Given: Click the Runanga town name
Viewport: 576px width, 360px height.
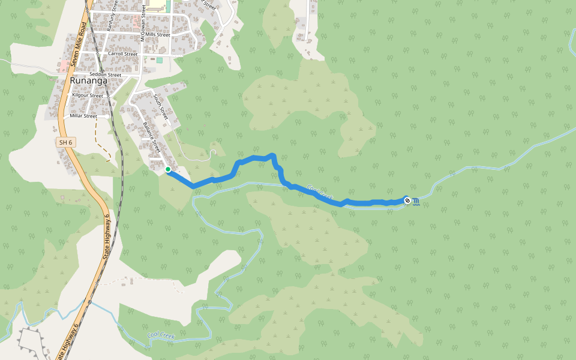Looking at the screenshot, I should pyautogui.click(x=88, y=80).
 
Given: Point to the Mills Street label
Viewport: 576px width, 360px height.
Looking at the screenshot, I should pyautogui.click(x=157, y=35).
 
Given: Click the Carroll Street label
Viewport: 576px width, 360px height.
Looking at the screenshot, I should pyautogui.click(x=123, y=54).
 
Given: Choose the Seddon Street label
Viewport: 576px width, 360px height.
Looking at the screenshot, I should pyautogui.click(x=105, y=74).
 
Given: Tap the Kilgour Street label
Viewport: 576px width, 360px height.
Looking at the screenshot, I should pyautogui.click(x=88, y=95).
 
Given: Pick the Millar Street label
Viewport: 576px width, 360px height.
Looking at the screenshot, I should pyautogui.click(x=83, y=116).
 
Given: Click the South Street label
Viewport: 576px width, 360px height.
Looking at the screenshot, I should pyautogui.click(x=161, y=106).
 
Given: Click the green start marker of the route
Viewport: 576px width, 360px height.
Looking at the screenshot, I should pyautogui.click(x=168, y=170).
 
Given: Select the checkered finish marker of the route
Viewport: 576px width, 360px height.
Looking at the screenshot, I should pyautogui.click(x=407, y=200).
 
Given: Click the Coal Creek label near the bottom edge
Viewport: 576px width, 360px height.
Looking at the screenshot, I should pyautogui.click(x=161, y=337).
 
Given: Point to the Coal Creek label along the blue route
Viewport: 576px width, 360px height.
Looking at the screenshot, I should pyautogui.click(x=320, y=192).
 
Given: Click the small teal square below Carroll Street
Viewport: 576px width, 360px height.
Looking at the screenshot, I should pyautogui.click(x=160, y=60).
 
